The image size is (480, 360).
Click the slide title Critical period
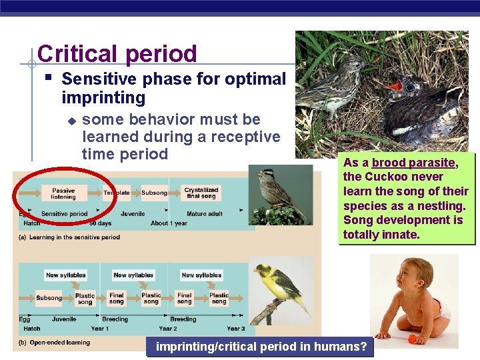coord(117,54)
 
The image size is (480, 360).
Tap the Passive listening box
coord(63,193)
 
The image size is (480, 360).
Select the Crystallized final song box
coord(201,193)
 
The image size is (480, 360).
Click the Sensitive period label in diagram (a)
coord(64,214)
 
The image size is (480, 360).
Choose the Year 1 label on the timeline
coord(100,329)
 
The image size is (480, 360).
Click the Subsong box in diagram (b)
coord(49,298)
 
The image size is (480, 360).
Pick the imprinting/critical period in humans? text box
coord(261,347)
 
